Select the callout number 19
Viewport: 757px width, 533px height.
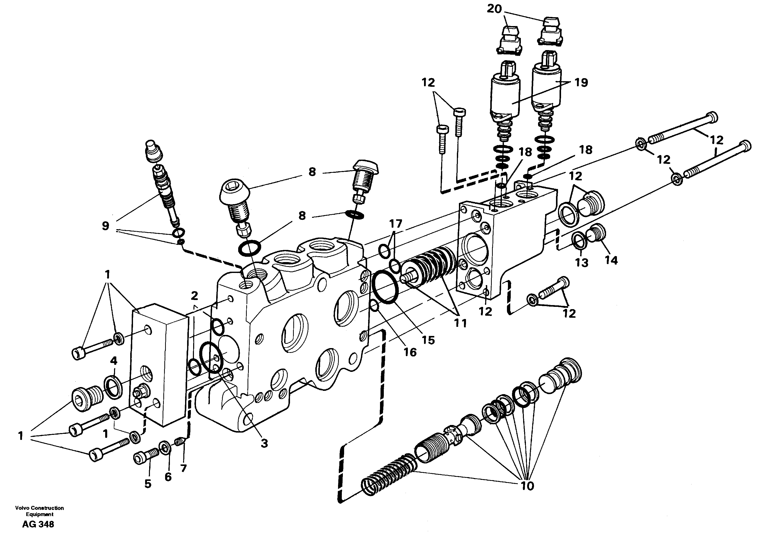click(x=581, y=82)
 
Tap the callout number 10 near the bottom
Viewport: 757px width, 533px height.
click(x=527, y=485)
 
